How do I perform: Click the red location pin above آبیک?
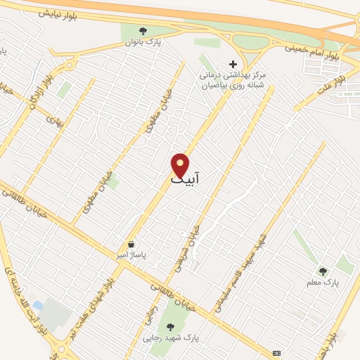point(181,165)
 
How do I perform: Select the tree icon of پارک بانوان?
point(143,31)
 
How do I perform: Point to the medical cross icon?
point(233,64)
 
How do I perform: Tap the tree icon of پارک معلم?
point(323,271)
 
